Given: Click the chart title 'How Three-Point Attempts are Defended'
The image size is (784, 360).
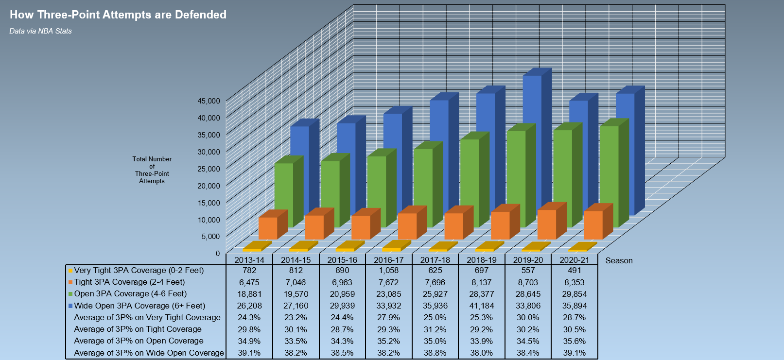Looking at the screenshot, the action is (118, 15).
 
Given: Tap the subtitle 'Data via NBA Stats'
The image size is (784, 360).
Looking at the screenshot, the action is (40, 31).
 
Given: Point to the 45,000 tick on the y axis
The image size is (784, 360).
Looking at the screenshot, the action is (209, 101).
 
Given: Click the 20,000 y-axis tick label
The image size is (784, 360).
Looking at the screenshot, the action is (209, 186).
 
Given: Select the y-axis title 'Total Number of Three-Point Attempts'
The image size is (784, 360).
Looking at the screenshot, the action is (152, 170).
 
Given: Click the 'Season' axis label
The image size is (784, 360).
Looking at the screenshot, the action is (619, 260).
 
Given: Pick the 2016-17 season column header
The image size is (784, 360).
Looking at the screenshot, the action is (388, 260).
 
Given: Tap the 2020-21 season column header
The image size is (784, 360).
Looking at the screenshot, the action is (575, 260).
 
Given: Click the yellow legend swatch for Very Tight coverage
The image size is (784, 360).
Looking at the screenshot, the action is (70, 271).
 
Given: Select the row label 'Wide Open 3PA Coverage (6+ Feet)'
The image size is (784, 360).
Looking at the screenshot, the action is (139, 306).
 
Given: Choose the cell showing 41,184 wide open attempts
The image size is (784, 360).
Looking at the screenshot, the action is (482, 306).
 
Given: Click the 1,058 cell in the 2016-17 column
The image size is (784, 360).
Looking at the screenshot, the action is (388, 271).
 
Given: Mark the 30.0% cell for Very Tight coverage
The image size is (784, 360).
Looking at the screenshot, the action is (528, 318).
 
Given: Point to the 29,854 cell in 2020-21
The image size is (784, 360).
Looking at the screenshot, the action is (575, 294).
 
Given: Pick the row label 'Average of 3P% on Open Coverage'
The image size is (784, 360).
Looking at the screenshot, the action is (139, 341).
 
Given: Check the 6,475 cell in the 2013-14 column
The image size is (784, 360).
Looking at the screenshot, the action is (249, 282).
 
